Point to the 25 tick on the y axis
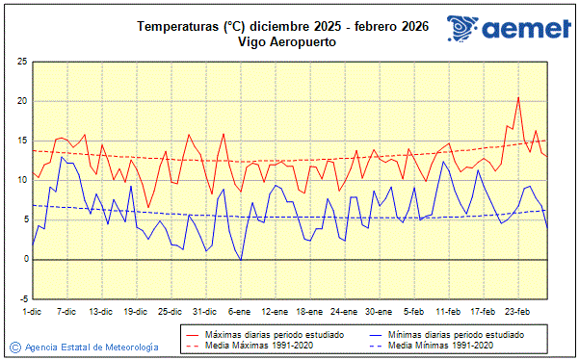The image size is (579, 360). [21, 62]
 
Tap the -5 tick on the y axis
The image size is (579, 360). [21, 298]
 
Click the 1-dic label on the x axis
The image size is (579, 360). [32, 312]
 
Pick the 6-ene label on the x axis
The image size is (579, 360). [240, 312]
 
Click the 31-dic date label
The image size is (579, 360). [204, 312]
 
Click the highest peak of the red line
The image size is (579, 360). [518, 97]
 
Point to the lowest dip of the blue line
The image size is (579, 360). [240, 261]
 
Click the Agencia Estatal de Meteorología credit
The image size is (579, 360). [92, 346]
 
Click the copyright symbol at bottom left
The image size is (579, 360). [14, 346]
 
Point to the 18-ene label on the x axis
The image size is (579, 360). [309, 312]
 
